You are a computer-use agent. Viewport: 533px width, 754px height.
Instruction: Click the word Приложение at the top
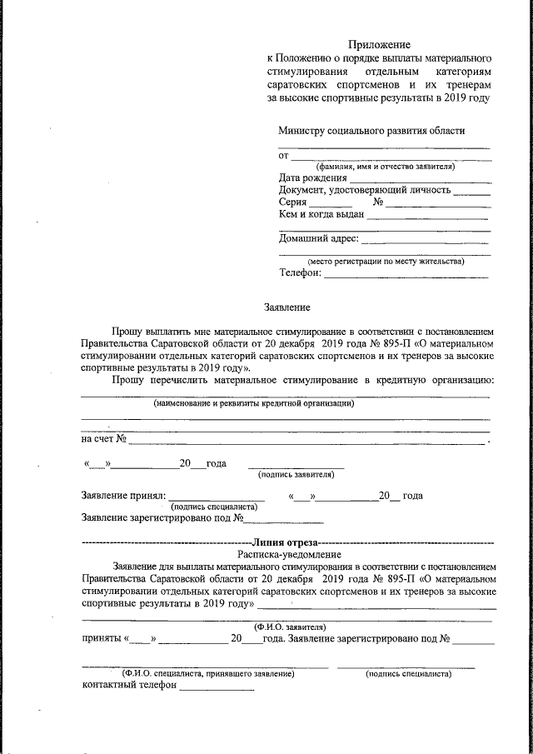[379, 44]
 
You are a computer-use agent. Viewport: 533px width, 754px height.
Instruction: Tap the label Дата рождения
[312, 177]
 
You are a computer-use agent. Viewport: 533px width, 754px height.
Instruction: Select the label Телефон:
[300, 273]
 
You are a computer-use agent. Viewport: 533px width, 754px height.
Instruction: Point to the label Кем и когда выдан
[321, 214]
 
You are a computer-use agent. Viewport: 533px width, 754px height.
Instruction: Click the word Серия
[293, 202]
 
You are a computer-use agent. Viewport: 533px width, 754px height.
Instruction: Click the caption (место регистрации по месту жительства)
[386, 261]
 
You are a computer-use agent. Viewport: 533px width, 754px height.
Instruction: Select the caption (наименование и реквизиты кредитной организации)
[254, 403]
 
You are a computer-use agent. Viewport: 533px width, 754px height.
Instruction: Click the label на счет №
[103, 439]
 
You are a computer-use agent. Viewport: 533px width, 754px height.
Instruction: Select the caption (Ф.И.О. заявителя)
[289, 627]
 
